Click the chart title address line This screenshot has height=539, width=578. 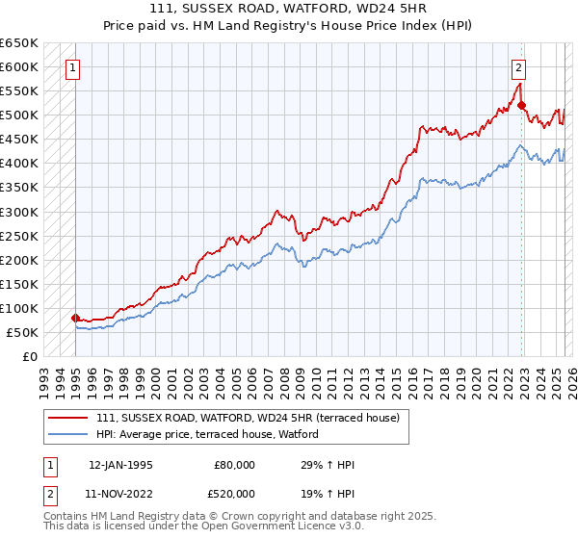[288, 8]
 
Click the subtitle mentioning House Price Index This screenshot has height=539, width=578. [288, 25]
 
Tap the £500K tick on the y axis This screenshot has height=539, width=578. [19, 115]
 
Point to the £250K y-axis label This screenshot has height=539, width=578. [19, 236]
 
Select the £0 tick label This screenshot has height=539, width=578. [29, 356]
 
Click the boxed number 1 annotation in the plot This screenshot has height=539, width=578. [74, 67]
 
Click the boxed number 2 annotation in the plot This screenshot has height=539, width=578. [518, 67]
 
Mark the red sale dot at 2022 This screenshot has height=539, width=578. [520, 105]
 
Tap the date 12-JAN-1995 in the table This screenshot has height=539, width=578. [120, 465]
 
